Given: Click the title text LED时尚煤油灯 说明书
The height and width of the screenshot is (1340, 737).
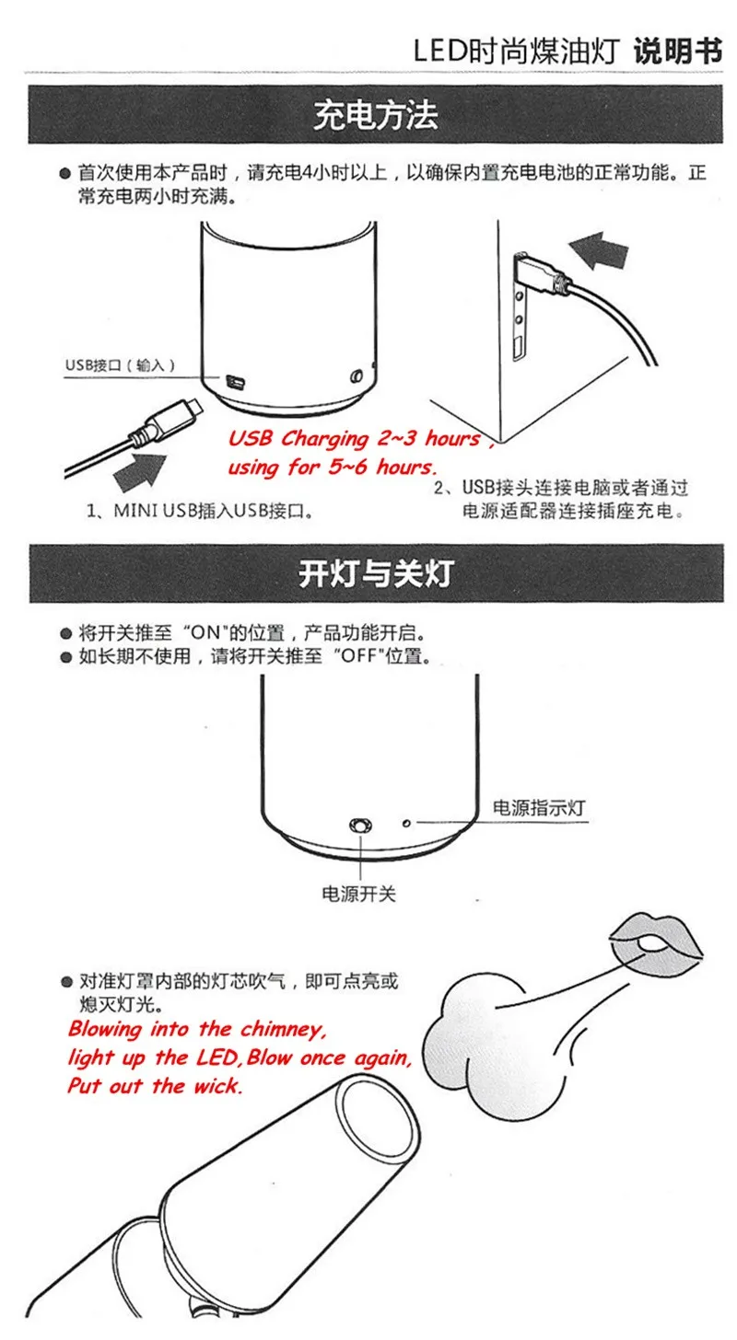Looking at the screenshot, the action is pyautogui.click(x=567, y=51).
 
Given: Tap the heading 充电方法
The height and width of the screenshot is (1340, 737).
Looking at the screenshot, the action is pyautogui.click(x=375, y=115).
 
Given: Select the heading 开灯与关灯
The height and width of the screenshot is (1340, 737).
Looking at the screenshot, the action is pyautogui.click(x=376, y=573).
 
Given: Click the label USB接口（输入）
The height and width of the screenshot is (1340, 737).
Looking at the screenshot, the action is pyautogui.click(x=121, y=364).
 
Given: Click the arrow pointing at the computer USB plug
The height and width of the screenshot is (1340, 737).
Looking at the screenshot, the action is pyautogui.click(x=599, y=250).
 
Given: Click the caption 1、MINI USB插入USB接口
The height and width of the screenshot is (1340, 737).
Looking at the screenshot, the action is pyautogui.click(x=200, y=511).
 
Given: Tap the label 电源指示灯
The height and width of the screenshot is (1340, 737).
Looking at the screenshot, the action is pyautogui.click(x=539, y=808).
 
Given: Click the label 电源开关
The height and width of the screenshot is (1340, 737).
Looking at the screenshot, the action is pyautogui.click(x=358, y=894).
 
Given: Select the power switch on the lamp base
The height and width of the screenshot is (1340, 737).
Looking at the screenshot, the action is pyautogui.click(x=360, y=826).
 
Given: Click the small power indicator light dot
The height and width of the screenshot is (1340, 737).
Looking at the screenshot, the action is pyautogui.click(x=406, y=824).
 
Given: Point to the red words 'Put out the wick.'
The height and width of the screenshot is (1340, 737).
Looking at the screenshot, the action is pyautogui.click(x=155, y=1085).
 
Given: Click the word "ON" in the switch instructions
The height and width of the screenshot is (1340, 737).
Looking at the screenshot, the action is pyautogui.click(x=206, y=633).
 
